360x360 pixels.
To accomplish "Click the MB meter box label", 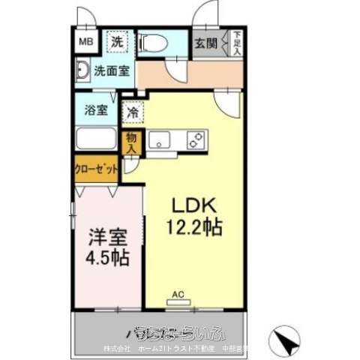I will point(86,42).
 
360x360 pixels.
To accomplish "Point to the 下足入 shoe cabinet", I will point(236,43).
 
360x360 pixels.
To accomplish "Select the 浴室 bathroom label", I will point(97,109).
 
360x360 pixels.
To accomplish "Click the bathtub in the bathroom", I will point(97,139).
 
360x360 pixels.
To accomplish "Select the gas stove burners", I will point(196,139).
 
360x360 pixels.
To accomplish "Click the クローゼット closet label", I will point(96,169).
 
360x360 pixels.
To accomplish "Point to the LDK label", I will point(196,204).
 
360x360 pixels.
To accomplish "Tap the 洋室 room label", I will point(108,237).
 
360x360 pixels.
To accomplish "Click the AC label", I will point(178,294).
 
